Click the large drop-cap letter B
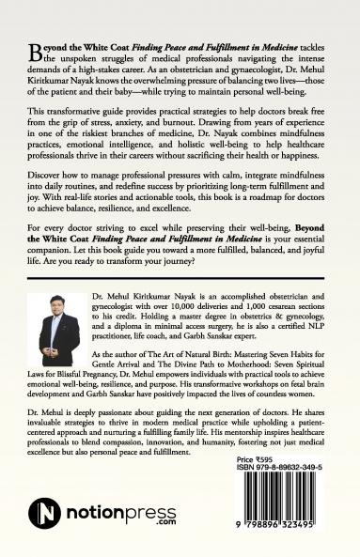point(34,49)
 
